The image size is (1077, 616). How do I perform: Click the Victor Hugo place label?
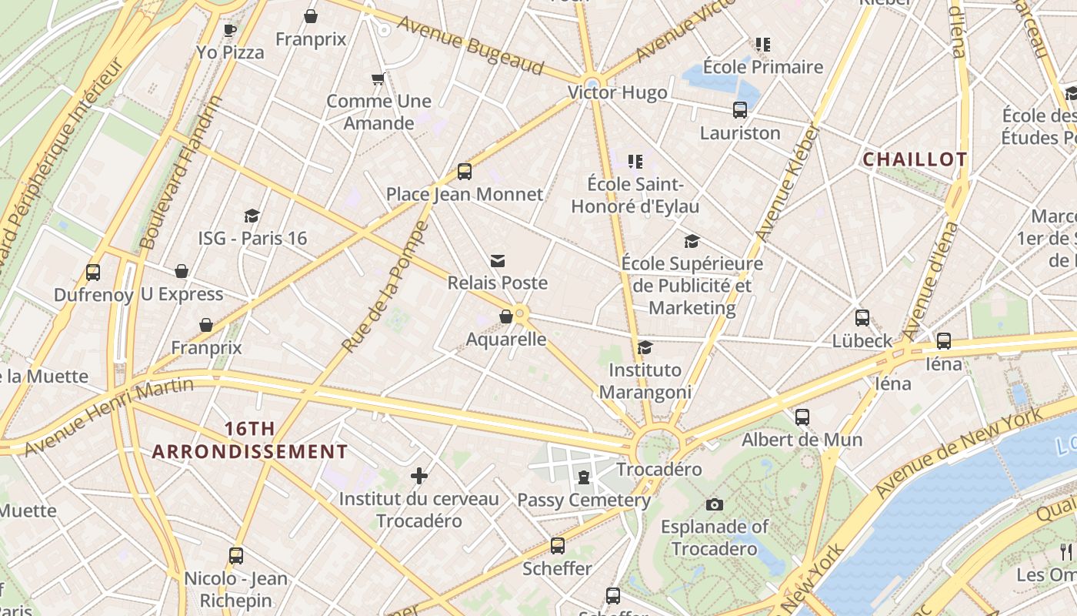click(617, 93)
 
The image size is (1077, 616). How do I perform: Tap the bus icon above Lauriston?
click(740, 110)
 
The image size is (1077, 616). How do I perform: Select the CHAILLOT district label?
click(915, 159)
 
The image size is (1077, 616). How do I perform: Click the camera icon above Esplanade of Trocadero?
click(715, 504)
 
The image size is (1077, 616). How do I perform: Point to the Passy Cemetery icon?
click(584, 477)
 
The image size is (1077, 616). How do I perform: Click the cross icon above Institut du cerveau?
click(419, 476)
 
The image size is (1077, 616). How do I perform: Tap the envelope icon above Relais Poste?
click(498, 261)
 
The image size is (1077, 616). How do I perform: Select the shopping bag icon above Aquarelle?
click(506, 316)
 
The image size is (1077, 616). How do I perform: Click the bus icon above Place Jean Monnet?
click(465, 172)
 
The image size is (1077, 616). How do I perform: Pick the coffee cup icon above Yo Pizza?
click(229, 30)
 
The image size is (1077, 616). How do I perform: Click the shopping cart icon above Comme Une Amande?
click(378, 79)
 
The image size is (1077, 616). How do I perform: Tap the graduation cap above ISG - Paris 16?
click(252, 216)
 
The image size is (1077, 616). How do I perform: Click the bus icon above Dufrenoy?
click(93, 272)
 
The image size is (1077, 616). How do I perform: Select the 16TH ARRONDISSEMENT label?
click(250, 440)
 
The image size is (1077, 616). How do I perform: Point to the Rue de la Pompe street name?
click(384, 287)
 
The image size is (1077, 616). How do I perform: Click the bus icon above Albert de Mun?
click(802, 417)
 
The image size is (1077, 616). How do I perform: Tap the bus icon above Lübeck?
click(862, 318)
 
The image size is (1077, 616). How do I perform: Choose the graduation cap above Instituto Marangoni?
click(645, 348)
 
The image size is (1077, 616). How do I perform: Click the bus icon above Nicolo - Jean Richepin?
click(236, 556)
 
